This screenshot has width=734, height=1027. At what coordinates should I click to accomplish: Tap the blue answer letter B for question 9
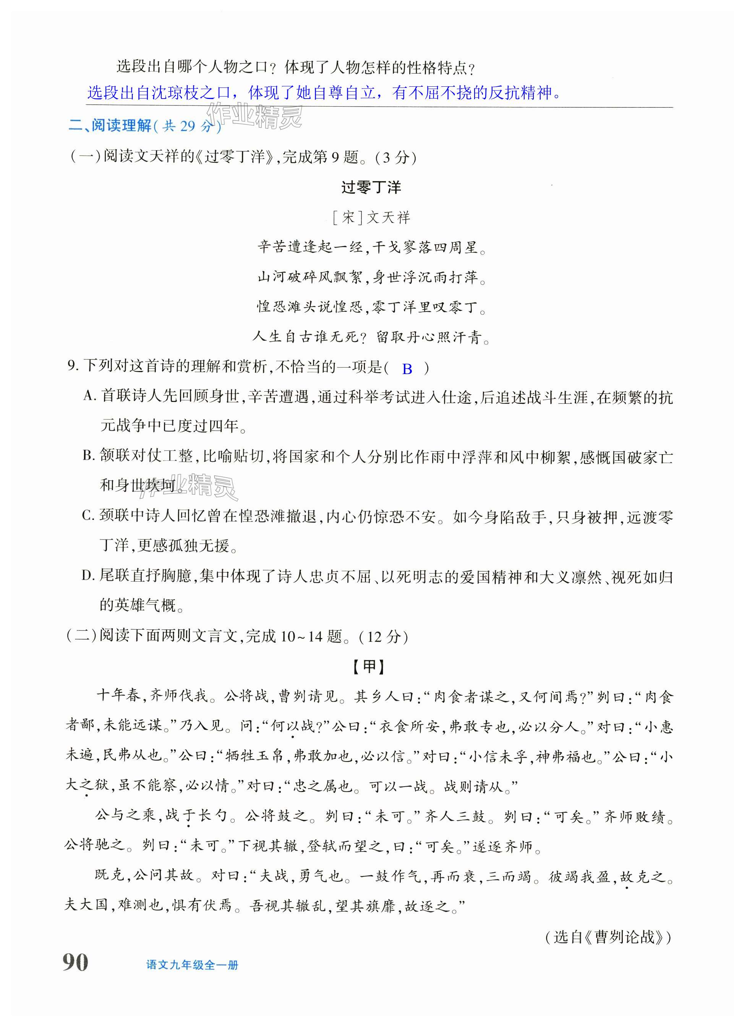(x=407, y=369)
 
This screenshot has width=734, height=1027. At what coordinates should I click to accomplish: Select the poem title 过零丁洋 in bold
(x=371, y=187)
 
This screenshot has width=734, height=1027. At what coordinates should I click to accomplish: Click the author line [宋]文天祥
(x=371, y=218)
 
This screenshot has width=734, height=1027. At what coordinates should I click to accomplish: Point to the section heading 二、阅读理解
(x=110, y=126)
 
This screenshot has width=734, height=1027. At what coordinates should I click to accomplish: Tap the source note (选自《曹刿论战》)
(x=608, y=936)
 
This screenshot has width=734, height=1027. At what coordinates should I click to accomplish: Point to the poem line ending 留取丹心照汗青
(x=371, y=337)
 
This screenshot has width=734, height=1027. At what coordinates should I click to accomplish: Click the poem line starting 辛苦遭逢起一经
(x=371, y=247)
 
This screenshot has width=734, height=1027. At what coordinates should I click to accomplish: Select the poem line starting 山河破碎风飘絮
(x=371, y=277)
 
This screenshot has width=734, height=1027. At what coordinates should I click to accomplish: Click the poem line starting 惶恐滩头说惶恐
(x=371, y=307)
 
